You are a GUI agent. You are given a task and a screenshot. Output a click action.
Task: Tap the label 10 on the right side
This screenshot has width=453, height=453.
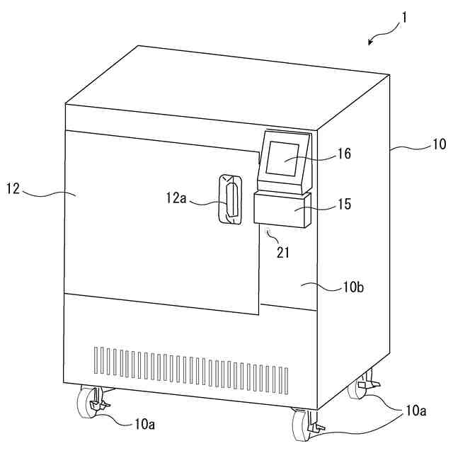coord(439,144)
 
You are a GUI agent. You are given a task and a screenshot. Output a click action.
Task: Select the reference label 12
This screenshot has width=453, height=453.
coord(13,188)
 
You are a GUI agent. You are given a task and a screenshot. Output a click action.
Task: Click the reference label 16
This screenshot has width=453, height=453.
coord(345,153)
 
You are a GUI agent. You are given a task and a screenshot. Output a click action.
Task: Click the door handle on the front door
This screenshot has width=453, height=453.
coord(229,199)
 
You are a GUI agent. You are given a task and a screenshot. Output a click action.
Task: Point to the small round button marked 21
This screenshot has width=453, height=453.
coord(268,231)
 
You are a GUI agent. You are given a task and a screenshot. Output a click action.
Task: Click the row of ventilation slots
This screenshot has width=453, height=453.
coord(191,364)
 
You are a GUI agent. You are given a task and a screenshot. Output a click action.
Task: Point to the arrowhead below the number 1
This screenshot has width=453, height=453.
coord(370,42)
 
